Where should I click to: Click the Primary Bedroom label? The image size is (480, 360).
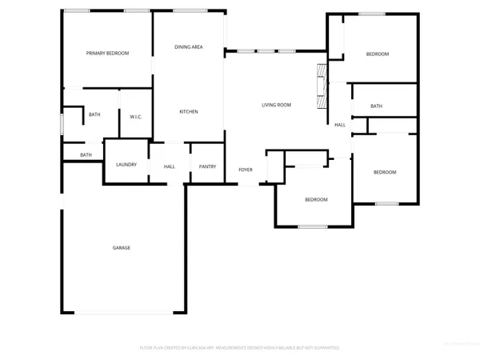[108, 53]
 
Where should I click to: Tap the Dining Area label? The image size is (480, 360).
[189, 47]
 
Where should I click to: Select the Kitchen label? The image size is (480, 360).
[189, 111]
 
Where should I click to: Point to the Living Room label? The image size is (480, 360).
[277, 105]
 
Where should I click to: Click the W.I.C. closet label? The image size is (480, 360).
[136, 117]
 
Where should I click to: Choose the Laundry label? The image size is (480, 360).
[126, 165]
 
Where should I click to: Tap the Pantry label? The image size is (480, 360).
[208, 166]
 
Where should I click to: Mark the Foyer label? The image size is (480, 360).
[246, 170]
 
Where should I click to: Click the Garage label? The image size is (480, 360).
[122, 248]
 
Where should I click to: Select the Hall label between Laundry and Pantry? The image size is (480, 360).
[170, 166]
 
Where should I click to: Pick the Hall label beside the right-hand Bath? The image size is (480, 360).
[340, 125]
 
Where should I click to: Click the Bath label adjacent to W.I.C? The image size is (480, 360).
[94, 115]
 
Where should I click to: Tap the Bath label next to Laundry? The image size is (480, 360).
[86, 154]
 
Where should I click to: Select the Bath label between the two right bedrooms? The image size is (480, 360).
[377, 106]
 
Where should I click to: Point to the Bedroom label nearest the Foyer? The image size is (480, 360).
[315, 199]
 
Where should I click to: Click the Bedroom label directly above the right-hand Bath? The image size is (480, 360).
[378, 54]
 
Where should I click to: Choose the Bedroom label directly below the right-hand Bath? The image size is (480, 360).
[386, 172]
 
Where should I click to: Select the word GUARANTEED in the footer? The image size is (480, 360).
[323, 348]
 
